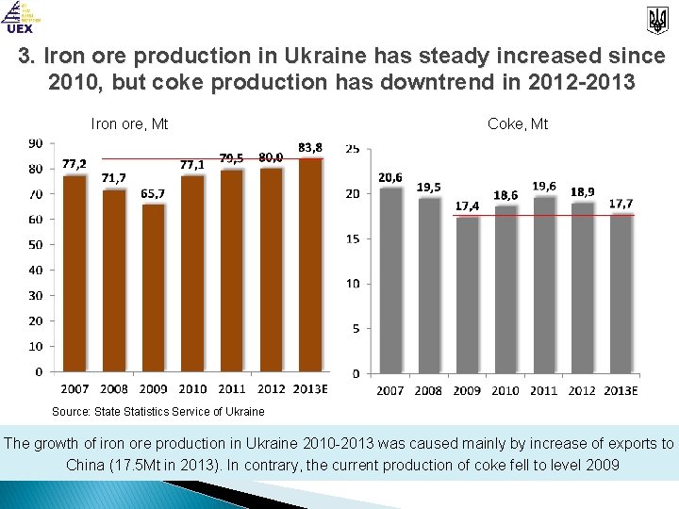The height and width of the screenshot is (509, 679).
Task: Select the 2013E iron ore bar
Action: (x=310, y=264)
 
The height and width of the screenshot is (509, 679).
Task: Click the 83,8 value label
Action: (x=309, y=147)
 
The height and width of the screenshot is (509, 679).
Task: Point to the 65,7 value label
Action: (x=153, y=193)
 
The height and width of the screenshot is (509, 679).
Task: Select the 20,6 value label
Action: (x=390, y=176)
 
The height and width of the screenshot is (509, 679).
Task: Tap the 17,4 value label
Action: (x=467, y=205)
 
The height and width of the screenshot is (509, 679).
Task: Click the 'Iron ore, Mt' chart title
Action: (x=129, y=123)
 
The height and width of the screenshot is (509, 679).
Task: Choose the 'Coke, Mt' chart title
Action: (x=518, y=123)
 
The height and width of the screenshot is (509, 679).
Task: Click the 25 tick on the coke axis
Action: (x=352, y=149)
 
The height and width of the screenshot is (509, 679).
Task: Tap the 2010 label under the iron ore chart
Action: (x=192, y=389)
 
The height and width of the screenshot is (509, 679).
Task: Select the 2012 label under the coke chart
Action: (x=583, y=390)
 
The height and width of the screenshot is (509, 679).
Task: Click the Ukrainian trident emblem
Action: (x=656, y=18)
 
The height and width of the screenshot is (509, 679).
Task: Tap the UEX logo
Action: (x=20, y=18)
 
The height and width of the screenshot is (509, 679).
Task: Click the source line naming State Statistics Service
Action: (x=157, y=411)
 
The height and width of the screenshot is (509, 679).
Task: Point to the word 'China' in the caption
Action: (x=88, y=465)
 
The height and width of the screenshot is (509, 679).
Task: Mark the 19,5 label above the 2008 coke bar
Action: (x=429, y=187)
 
